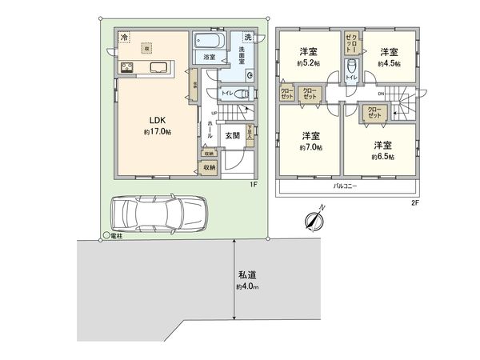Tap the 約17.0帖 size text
[x=158, y=131]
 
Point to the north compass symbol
[x=314, y=218]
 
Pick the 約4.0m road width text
[x=248, y=286]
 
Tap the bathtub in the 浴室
[x=210, y=40]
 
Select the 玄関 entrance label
[x=233, y=135]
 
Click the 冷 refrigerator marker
[x=124, y=37]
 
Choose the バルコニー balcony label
[x=345, y=186]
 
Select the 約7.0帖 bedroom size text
[x=310, y=147]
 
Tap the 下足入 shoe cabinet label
[x=250, y=131]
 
